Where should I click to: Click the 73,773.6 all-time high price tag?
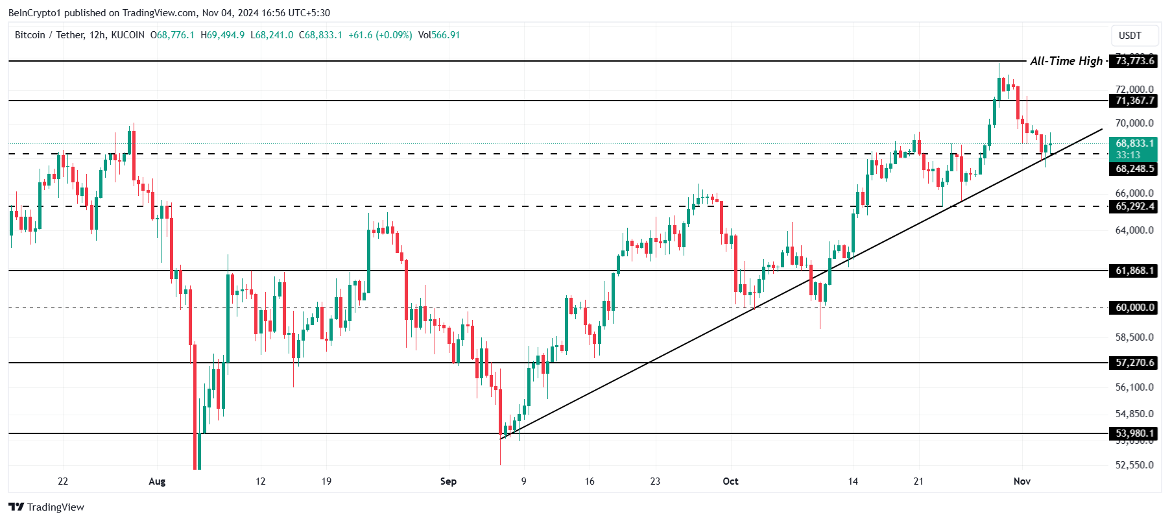click(x=1134, y=61)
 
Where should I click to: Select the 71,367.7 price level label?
click(x=1134, y=101)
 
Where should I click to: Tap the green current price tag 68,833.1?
click(x=1134, y=143)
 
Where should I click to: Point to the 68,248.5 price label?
click(x=1134, y=169)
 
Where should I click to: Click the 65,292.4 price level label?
click(x=1134, y=206)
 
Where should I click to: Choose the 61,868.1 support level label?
click(x=1134, y=271)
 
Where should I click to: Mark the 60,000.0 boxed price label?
click(x=1134, y=308)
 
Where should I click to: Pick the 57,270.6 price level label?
click(x=1134, y=363)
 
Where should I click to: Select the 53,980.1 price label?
click(x=1134, y=433)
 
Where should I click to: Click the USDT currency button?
click(x=1130, y=36)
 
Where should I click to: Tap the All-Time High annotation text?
click(x=1066, y=61)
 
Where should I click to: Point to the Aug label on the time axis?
click(x=157, y=481)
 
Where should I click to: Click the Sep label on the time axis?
click(x=448, y=481)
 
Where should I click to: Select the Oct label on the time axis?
click(x=730, y=481)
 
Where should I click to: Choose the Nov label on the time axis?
click(x=1022, y=481)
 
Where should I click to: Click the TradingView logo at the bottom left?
click(x=46, y=507)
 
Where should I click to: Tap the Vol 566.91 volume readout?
click(x=439, y=35)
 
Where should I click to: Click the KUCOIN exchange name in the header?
click(x=128, y=35)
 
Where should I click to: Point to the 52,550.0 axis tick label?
click(x=1134, y=465)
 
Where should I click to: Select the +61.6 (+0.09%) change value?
click(x=380, y=35)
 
